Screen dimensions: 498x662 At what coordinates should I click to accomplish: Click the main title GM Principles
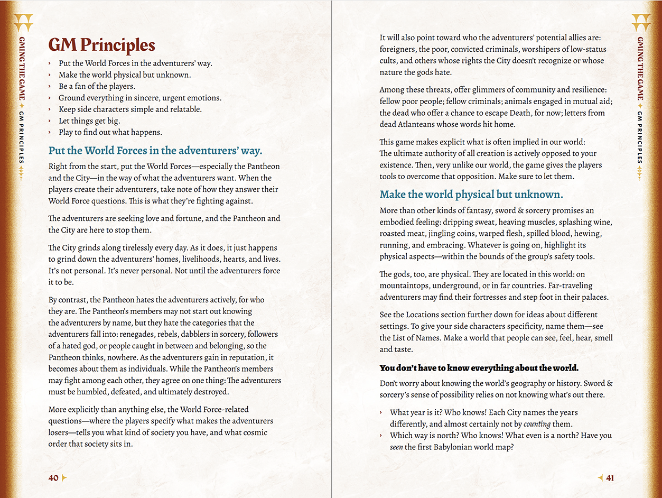[101, 45]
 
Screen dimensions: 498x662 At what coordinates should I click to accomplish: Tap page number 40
[53, 478]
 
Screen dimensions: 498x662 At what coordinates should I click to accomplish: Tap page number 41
[610, 478]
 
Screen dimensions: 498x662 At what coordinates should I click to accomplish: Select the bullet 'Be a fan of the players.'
[97, 86]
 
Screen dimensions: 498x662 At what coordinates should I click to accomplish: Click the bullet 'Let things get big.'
[89, 121]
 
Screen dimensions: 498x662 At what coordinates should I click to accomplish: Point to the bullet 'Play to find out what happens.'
[110, 132]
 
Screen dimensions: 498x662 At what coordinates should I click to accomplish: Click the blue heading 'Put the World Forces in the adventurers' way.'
[155, 151]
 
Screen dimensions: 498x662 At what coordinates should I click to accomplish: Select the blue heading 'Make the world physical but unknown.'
[471, 194]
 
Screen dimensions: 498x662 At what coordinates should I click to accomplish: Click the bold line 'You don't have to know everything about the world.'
[479, 368]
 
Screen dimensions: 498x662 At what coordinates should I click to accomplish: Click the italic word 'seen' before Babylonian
[396, 447]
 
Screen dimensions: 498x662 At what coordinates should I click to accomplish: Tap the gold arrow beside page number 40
[65, 478]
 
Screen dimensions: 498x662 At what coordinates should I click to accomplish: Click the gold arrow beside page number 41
[600, 478]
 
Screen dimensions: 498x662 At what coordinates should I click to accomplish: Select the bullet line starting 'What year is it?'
[483, 412]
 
